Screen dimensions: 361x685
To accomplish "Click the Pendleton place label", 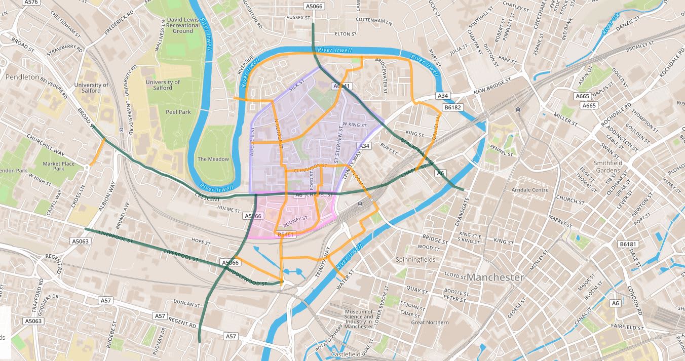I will point(22,77).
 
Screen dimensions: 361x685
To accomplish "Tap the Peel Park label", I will point(178,111).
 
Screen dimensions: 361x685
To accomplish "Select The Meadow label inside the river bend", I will point(213,159).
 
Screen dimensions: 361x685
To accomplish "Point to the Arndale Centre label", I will point(530,190).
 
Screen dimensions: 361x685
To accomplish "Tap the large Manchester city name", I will point(495,277).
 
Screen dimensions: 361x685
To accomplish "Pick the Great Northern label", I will point(430,322).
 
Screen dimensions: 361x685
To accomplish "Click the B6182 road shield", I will point(452,107).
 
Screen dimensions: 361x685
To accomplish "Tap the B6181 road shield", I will point(627,244).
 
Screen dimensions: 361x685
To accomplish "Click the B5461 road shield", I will point(286,235).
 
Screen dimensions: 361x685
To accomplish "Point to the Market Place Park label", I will point(59,167).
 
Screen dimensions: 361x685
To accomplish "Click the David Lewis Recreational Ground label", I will point(182,25).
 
